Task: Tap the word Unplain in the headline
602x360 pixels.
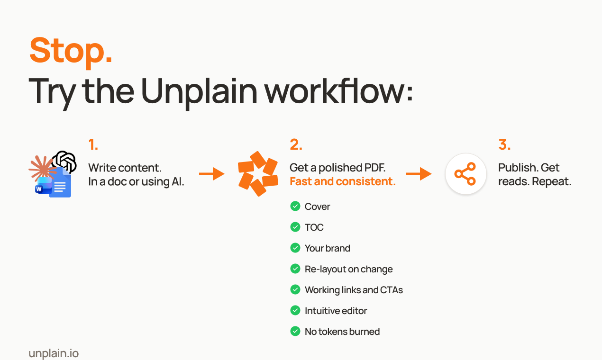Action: [x=199, y=91]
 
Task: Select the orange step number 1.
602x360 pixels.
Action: [x=93, y=144]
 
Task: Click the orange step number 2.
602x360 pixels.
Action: [x=296, y=144]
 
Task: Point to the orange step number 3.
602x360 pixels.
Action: [x=504, y=144]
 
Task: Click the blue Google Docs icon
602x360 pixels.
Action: [x=60, y=182]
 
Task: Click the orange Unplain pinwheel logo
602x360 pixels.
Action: [x=258, y=173]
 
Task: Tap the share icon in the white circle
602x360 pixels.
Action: [x=465, y=174]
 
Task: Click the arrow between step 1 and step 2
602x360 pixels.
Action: [x=212, y=173]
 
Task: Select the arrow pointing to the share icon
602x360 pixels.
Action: [x=419, y=173]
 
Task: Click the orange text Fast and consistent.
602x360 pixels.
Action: [x=343, y=181]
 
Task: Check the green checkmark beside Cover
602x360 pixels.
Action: [x=295, y=207]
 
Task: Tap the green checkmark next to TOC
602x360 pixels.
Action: [x=295, y=227]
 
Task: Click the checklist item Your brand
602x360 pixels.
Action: [x=328, y=248]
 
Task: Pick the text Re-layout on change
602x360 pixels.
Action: [x=348, y=269]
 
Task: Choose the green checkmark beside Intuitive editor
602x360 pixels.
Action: [x=295, y=311]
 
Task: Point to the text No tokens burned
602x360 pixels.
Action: [x=342, y=332]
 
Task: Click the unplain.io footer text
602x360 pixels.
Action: [x=54, y=353]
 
